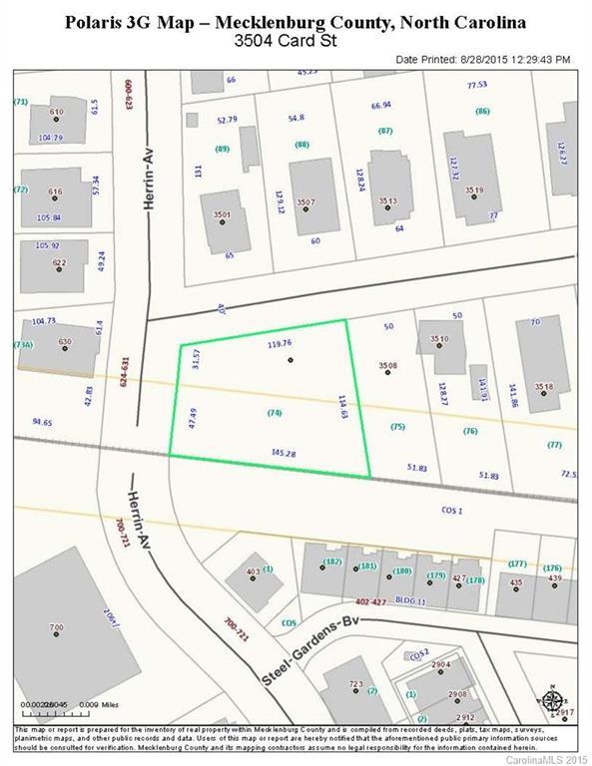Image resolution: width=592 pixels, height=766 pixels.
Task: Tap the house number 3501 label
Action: point(222,214)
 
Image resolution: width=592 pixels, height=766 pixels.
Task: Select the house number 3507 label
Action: point(305,202)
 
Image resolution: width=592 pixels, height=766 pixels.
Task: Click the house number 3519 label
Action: point(474,190)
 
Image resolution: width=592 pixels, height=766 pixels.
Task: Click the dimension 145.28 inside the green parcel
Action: point(285,451)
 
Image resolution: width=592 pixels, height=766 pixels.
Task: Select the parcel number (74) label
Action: point(275,412)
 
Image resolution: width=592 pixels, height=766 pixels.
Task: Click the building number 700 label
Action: point(56,627)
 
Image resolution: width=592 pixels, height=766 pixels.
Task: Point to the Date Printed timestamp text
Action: point(483,60)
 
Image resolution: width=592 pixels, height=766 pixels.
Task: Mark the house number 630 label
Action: point(66,342)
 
